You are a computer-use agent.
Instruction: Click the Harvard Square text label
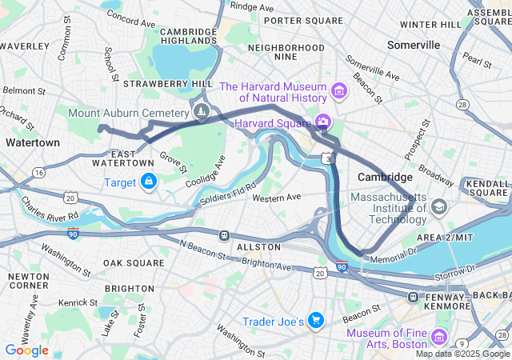272,123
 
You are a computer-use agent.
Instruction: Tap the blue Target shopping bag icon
148,182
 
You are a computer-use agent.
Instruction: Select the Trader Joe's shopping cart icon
316,321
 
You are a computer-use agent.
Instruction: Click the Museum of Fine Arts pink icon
438,336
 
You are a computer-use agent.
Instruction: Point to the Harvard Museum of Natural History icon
338,92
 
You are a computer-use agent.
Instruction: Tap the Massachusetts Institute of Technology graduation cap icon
438,208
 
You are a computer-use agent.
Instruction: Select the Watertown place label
32,142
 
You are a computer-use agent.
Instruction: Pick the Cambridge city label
385,177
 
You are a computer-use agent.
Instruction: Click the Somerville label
414,46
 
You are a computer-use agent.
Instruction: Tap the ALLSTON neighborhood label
258,248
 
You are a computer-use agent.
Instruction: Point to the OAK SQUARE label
134,262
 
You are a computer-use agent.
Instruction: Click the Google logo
26,350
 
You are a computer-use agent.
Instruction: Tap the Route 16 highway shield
38,173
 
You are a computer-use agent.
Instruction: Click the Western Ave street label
277,197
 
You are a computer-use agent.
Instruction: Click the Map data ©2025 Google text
462,354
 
